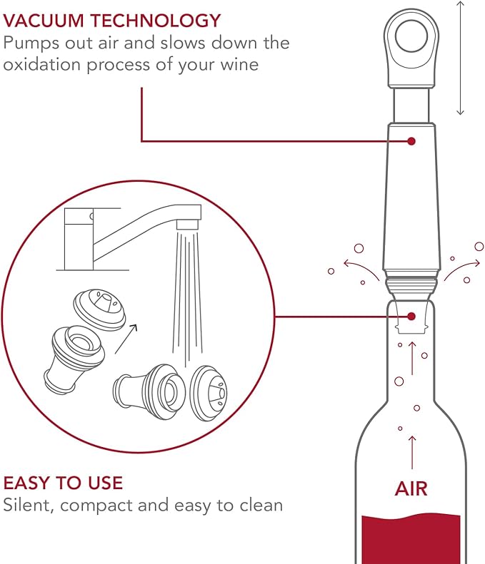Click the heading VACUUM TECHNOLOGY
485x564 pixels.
pos(112,20)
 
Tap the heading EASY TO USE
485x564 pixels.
pos(63,483)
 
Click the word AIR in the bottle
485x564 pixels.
pos(411,489)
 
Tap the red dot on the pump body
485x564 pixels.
pos(411,141)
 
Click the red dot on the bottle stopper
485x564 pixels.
pos(411,316)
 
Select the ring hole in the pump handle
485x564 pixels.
pos(412,33)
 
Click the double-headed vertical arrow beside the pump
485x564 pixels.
pos(461,57)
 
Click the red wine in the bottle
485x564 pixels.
pos(411,538)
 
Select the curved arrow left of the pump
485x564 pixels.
pos(361,267)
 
